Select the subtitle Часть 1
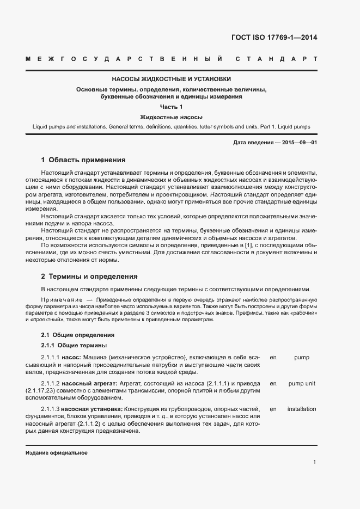pyautogui.click(x=171, y=107)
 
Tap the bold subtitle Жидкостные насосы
pyautogui.click(x=171, y=117)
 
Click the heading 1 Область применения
pyautogui.click(x=83, y=160)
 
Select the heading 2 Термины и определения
pyautogui.click(x=89, y=277)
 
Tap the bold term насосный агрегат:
pyautogui.click(x=89, y=383)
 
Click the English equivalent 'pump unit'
pyautogui.click(x=302, y=383)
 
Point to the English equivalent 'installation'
pyautogui.click(x=302, y=409)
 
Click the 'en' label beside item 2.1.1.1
pyautogui.click(x=273, y=357)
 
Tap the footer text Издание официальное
pyautogui.click(x=57, y=453)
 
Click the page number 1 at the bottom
pyautogui.click(x=315, y=462)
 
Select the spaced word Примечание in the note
pyautogui.click(x=62, y=300)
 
